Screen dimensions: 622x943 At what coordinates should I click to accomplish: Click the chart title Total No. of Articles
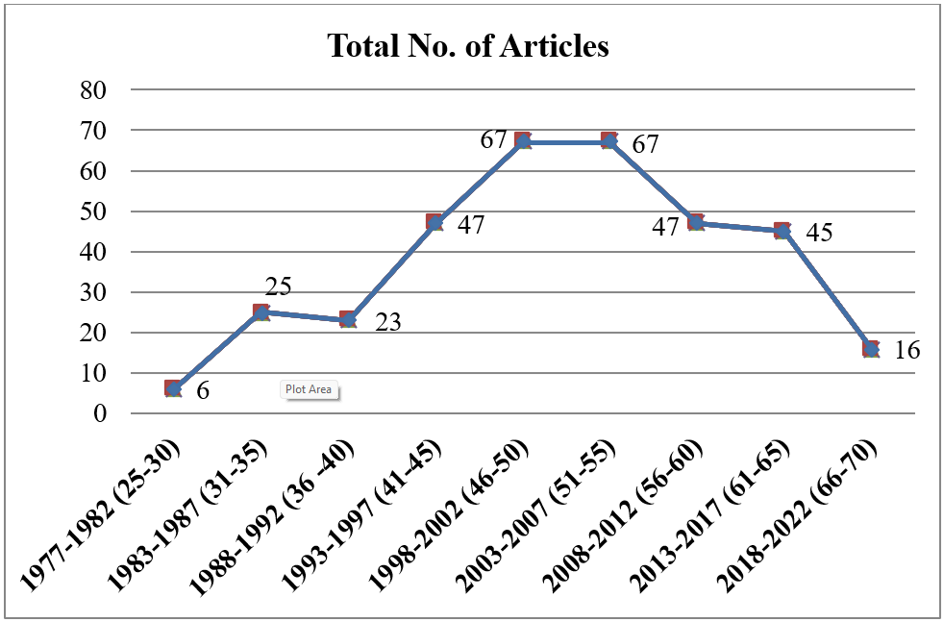468,45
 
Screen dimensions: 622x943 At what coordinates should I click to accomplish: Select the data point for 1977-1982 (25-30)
173,388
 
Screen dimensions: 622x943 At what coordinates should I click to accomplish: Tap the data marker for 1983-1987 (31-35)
261,311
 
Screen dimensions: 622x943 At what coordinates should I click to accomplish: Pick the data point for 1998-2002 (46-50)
522,141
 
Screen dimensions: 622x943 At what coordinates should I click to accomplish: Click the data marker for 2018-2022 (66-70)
871,348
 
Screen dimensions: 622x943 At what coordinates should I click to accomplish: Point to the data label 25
278,286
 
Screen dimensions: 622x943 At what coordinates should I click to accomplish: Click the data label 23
387,322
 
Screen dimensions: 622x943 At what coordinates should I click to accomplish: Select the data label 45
818,233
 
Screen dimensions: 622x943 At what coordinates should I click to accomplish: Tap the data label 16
906,350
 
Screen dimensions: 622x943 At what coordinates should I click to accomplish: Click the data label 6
203,391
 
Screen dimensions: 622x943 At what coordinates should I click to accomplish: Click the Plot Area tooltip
309,389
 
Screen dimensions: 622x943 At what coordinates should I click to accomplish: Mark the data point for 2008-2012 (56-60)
696,223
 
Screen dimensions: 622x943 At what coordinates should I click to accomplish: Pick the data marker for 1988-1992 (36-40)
348,319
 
